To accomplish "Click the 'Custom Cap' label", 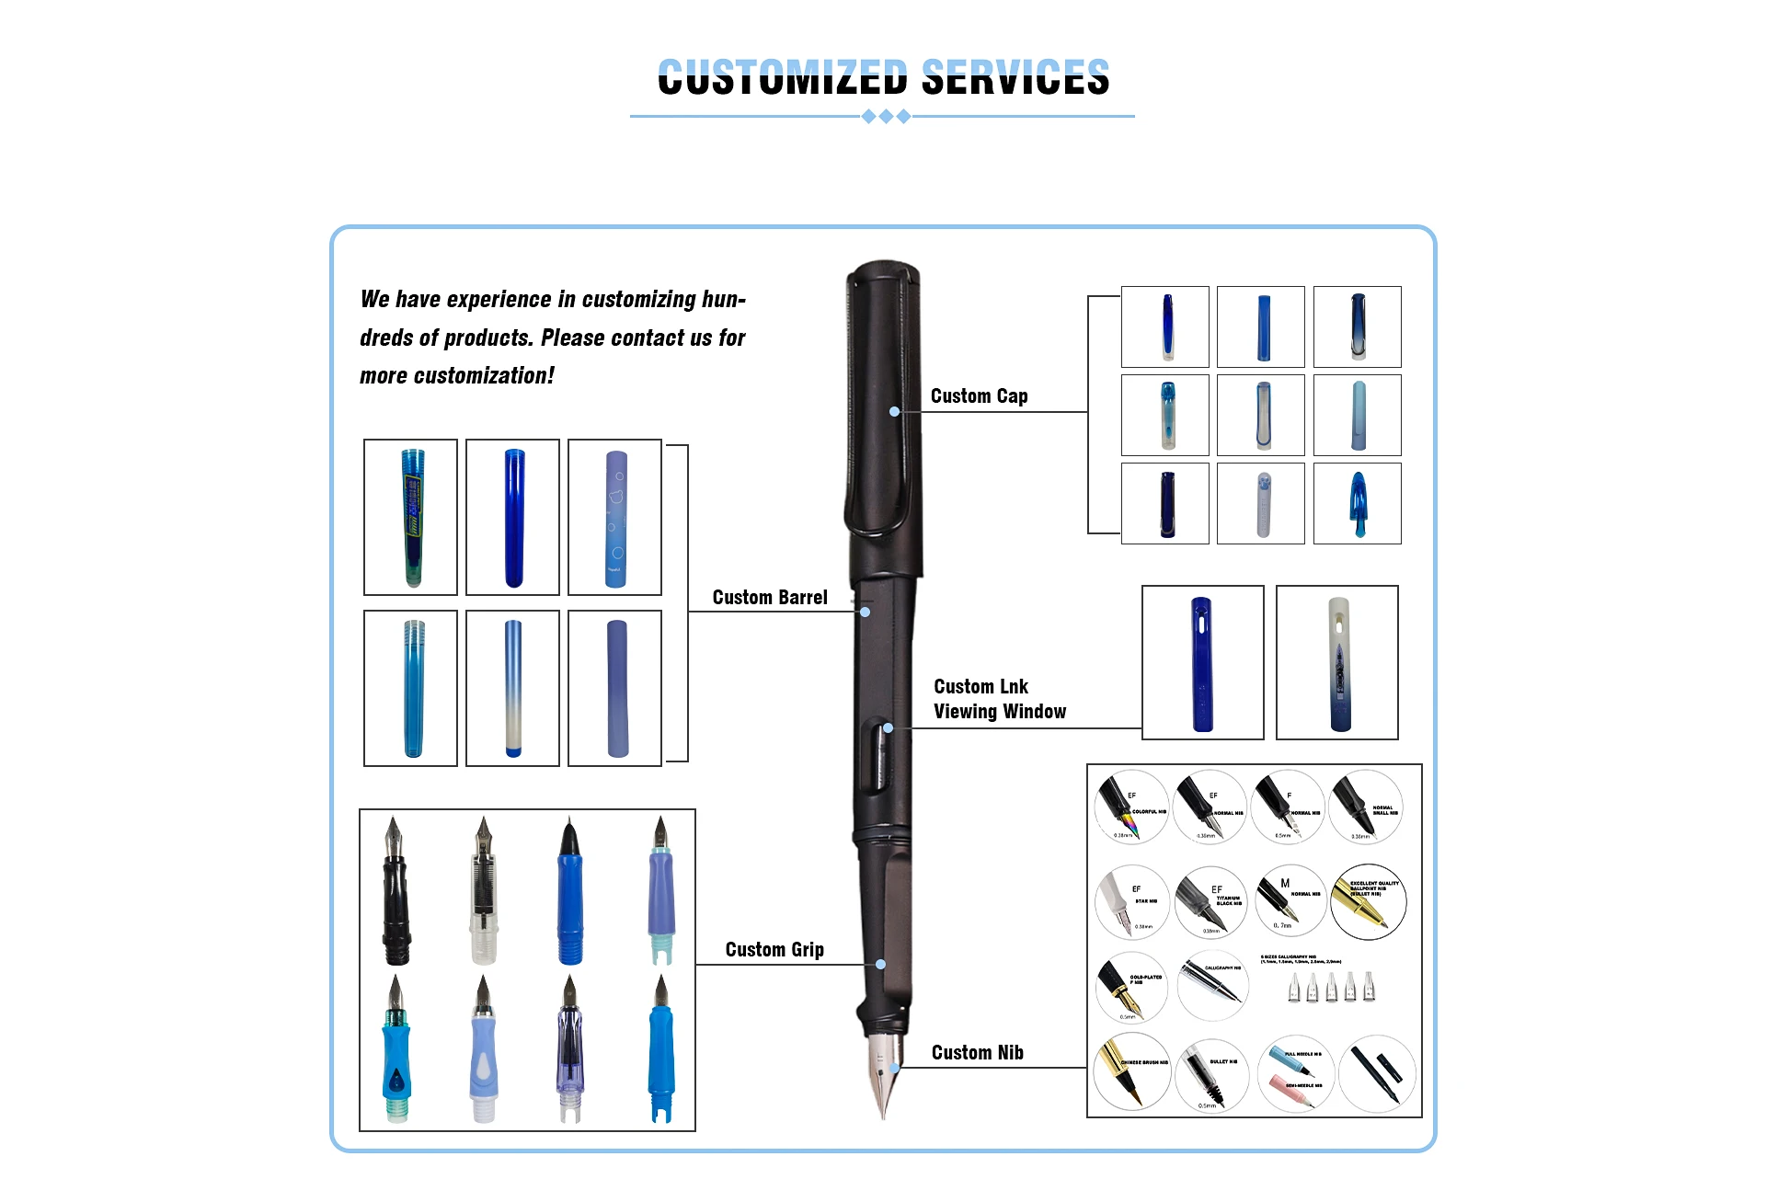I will [x=979, y=396].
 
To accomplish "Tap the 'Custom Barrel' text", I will [x=770, y=598].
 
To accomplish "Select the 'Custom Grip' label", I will [x=774, y=950].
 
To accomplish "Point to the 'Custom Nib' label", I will [x=977, y=1053].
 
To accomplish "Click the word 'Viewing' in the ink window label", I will [x=965, y=712].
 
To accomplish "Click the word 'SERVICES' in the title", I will [x=1015, y=77].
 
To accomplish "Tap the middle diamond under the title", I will [x=886, y=117].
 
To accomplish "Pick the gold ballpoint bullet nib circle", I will [x=1369, y=901].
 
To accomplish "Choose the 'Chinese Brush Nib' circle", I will [x=1131, y=1071].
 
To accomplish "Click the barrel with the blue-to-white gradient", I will [x=513, y=688].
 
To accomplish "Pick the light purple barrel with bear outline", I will [x=614, y=517].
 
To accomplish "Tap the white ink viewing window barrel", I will [x=1337, y=662].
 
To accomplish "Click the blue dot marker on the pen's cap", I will [x=894, y=412].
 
